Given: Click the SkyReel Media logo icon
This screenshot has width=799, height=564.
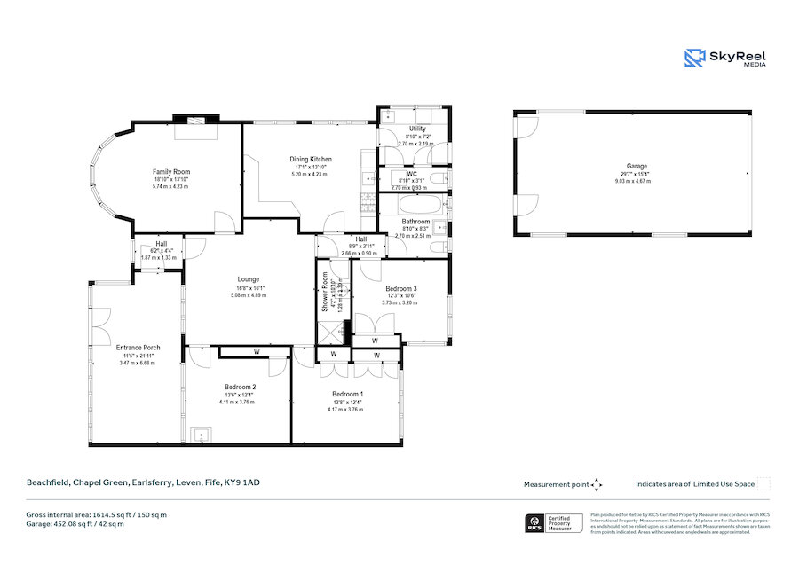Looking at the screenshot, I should [694, 58].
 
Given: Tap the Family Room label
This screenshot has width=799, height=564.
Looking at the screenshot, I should [171, 172].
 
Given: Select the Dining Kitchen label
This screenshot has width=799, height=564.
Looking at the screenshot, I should [310, 160].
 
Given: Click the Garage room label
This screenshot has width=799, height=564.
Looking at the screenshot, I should [637, 167].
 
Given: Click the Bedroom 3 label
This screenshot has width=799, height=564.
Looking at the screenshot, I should [400, 289].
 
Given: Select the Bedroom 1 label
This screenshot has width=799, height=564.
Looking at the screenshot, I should [346, 395].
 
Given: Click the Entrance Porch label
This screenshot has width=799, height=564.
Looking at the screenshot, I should [138, 348].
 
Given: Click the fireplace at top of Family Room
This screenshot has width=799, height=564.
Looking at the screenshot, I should [194, 120].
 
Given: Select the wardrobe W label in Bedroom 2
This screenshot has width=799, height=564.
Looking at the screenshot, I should [256, 352].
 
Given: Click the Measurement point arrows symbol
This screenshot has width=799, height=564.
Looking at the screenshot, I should [597, 484].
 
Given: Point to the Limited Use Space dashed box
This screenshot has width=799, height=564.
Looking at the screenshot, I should [763, 484].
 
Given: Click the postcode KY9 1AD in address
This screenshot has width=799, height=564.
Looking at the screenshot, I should [245, 482].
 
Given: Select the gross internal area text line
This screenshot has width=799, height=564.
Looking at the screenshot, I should [97, 514].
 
